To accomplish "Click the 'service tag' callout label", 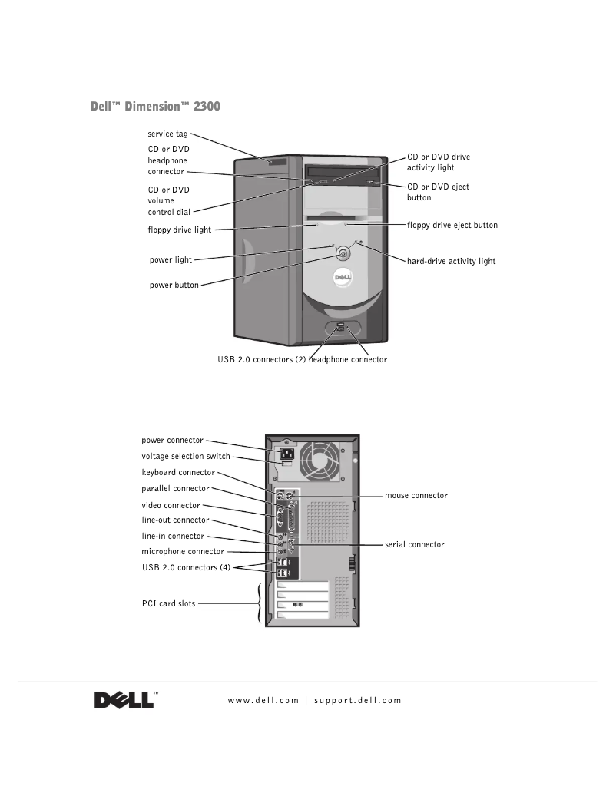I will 167,134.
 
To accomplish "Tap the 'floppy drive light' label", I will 179,229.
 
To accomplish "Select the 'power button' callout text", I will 174,285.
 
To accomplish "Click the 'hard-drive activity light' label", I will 451,261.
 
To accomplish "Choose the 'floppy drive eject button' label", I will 452,226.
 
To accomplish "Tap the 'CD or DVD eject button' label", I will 438,192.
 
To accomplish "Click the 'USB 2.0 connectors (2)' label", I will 262,359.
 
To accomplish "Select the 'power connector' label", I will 172,441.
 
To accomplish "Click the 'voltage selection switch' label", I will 185,456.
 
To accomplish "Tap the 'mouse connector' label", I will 416,496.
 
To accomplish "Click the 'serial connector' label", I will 414,544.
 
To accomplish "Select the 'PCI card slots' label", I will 168,603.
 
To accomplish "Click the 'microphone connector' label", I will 183,551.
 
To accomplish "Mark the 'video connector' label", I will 171,505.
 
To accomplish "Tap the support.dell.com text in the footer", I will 358,700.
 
